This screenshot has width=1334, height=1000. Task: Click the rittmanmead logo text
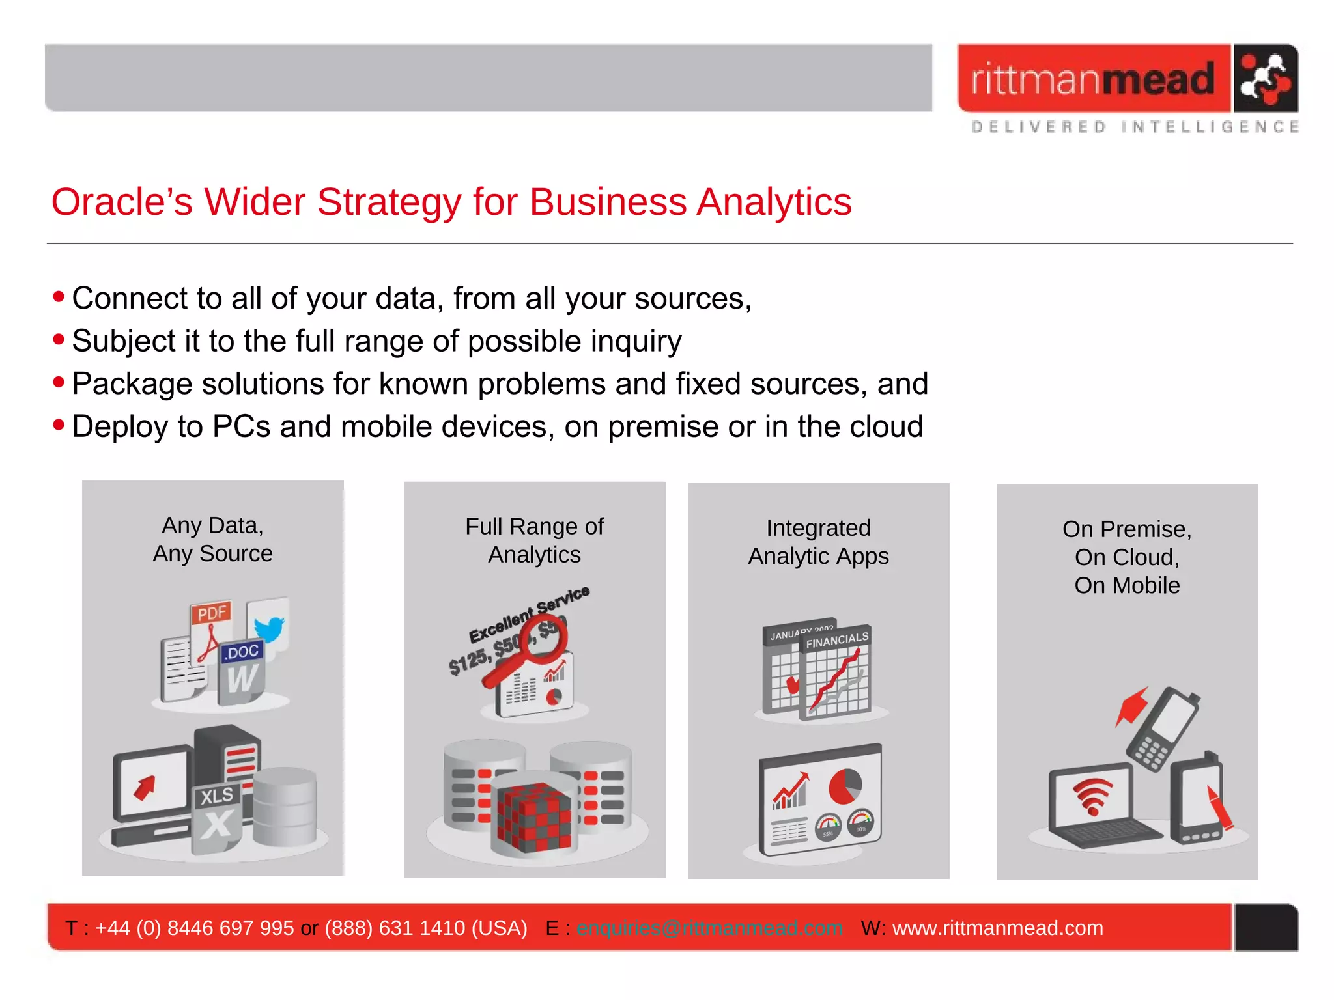[x=1093, y=79]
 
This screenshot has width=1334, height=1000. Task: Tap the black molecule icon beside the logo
[x=1264, y=79]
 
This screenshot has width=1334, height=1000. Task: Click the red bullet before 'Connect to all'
[x=59, y=298]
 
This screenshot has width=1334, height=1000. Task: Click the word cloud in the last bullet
[x=886, y=427]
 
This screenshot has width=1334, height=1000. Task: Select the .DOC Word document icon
[x=242, y=673]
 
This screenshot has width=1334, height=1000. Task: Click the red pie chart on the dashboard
[x=845, y=786]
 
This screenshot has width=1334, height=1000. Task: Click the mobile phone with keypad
[x=1164, y=729]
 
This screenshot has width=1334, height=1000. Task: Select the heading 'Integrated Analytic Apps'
[x=818, y=542]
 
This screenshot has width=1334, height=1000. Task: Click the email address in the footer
[x=709, y=928]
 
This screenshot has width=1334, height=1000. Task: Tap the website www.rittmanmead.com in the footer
[x=997, y=928]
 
